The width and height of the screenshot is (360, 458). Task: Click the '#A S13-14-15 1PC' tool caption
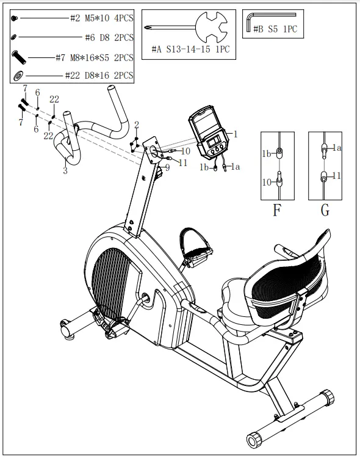(x=190, y=49)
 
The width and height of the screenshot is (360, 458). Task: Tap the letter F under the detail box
(x=276, y=211)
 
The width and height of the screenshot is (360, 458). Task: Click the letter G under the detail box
(x=325, y=211)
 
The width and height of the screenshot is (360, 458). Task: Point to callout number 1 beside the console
(x=236, y=133)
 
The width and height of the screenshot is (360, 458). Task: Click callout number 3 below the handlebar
(x=65, y=170)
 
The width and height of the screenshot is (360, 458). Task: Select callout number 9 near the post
(x=167, y=167)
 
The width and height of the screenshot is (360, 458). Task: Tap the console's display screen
(x=215, y=144)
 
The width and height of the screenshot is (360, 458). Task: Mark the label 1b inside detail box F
(x=267, y=154)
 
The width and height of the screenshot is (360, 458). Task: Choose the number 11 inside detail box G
(x=336, y=176)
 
